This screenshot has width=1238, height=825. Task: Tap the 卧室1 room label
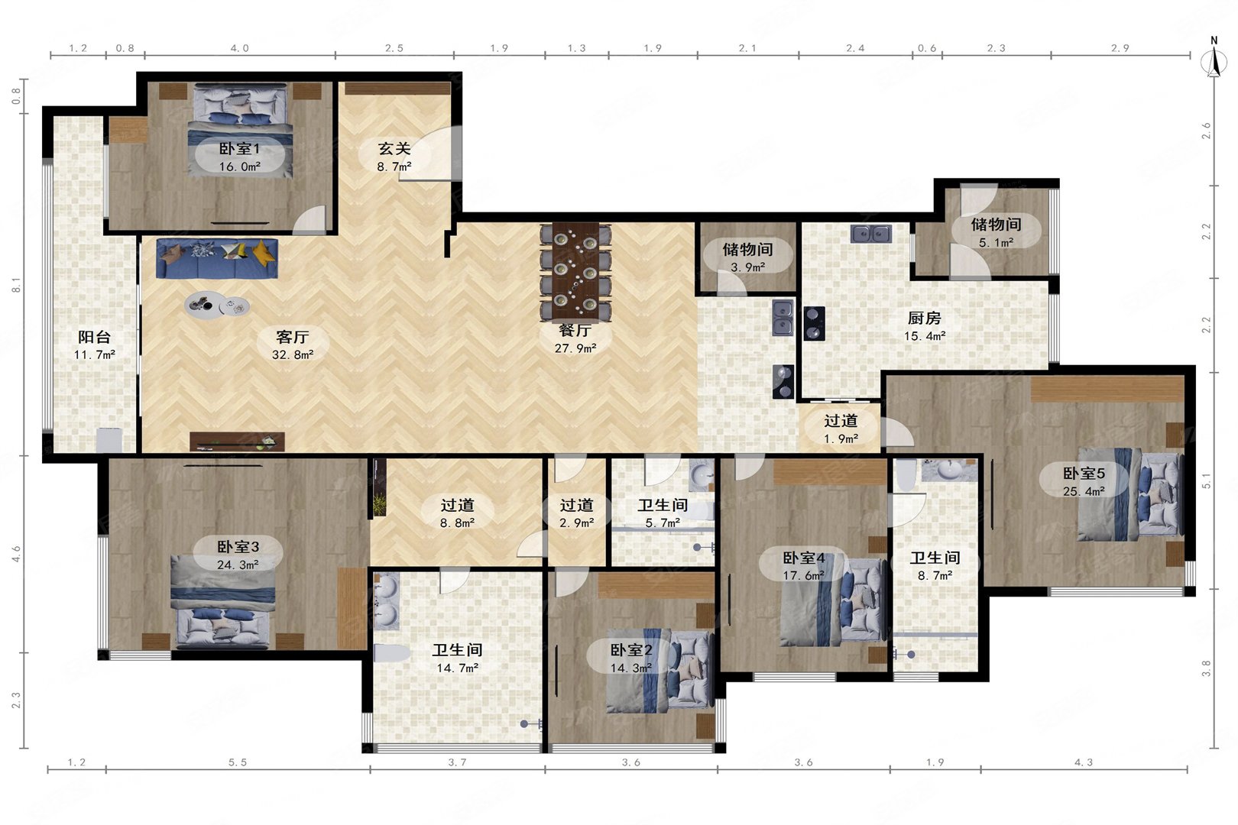coord(239,149)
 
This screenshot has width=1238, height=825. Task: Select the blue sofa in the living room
coord(217,258)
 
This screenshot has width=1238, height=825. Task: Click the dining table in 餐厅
coord(575,271)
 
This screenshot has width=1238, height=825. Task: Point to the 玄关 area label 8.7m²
coord(394,167)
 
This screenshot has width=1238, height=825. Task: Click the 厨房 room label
coord(924,319)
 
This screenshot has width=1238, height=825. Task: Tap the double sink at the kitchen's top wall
coord(871,234)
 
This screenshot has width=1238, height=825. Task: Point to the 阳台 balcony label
coord(94,337)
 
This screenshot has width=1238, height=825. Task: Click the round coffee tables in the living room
coord(217,305)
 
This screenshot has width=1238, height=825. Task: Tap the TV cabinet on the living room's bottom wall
coord(237,442)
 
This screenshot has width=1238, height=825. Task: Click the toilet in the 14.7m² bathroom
coord(392,653)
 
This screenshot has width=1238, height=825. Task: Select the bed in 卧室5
coord(1130,494)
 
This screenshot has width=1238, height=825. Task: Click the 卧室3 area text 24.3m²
coord(238,565)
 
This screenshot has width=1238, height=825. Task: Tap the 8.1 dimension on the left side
coord(17,285)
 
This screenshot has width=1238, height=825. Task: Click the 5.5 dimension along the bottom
coord(238,762)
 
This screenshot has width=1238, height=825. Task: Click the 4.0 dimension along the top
coord(239,48)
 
